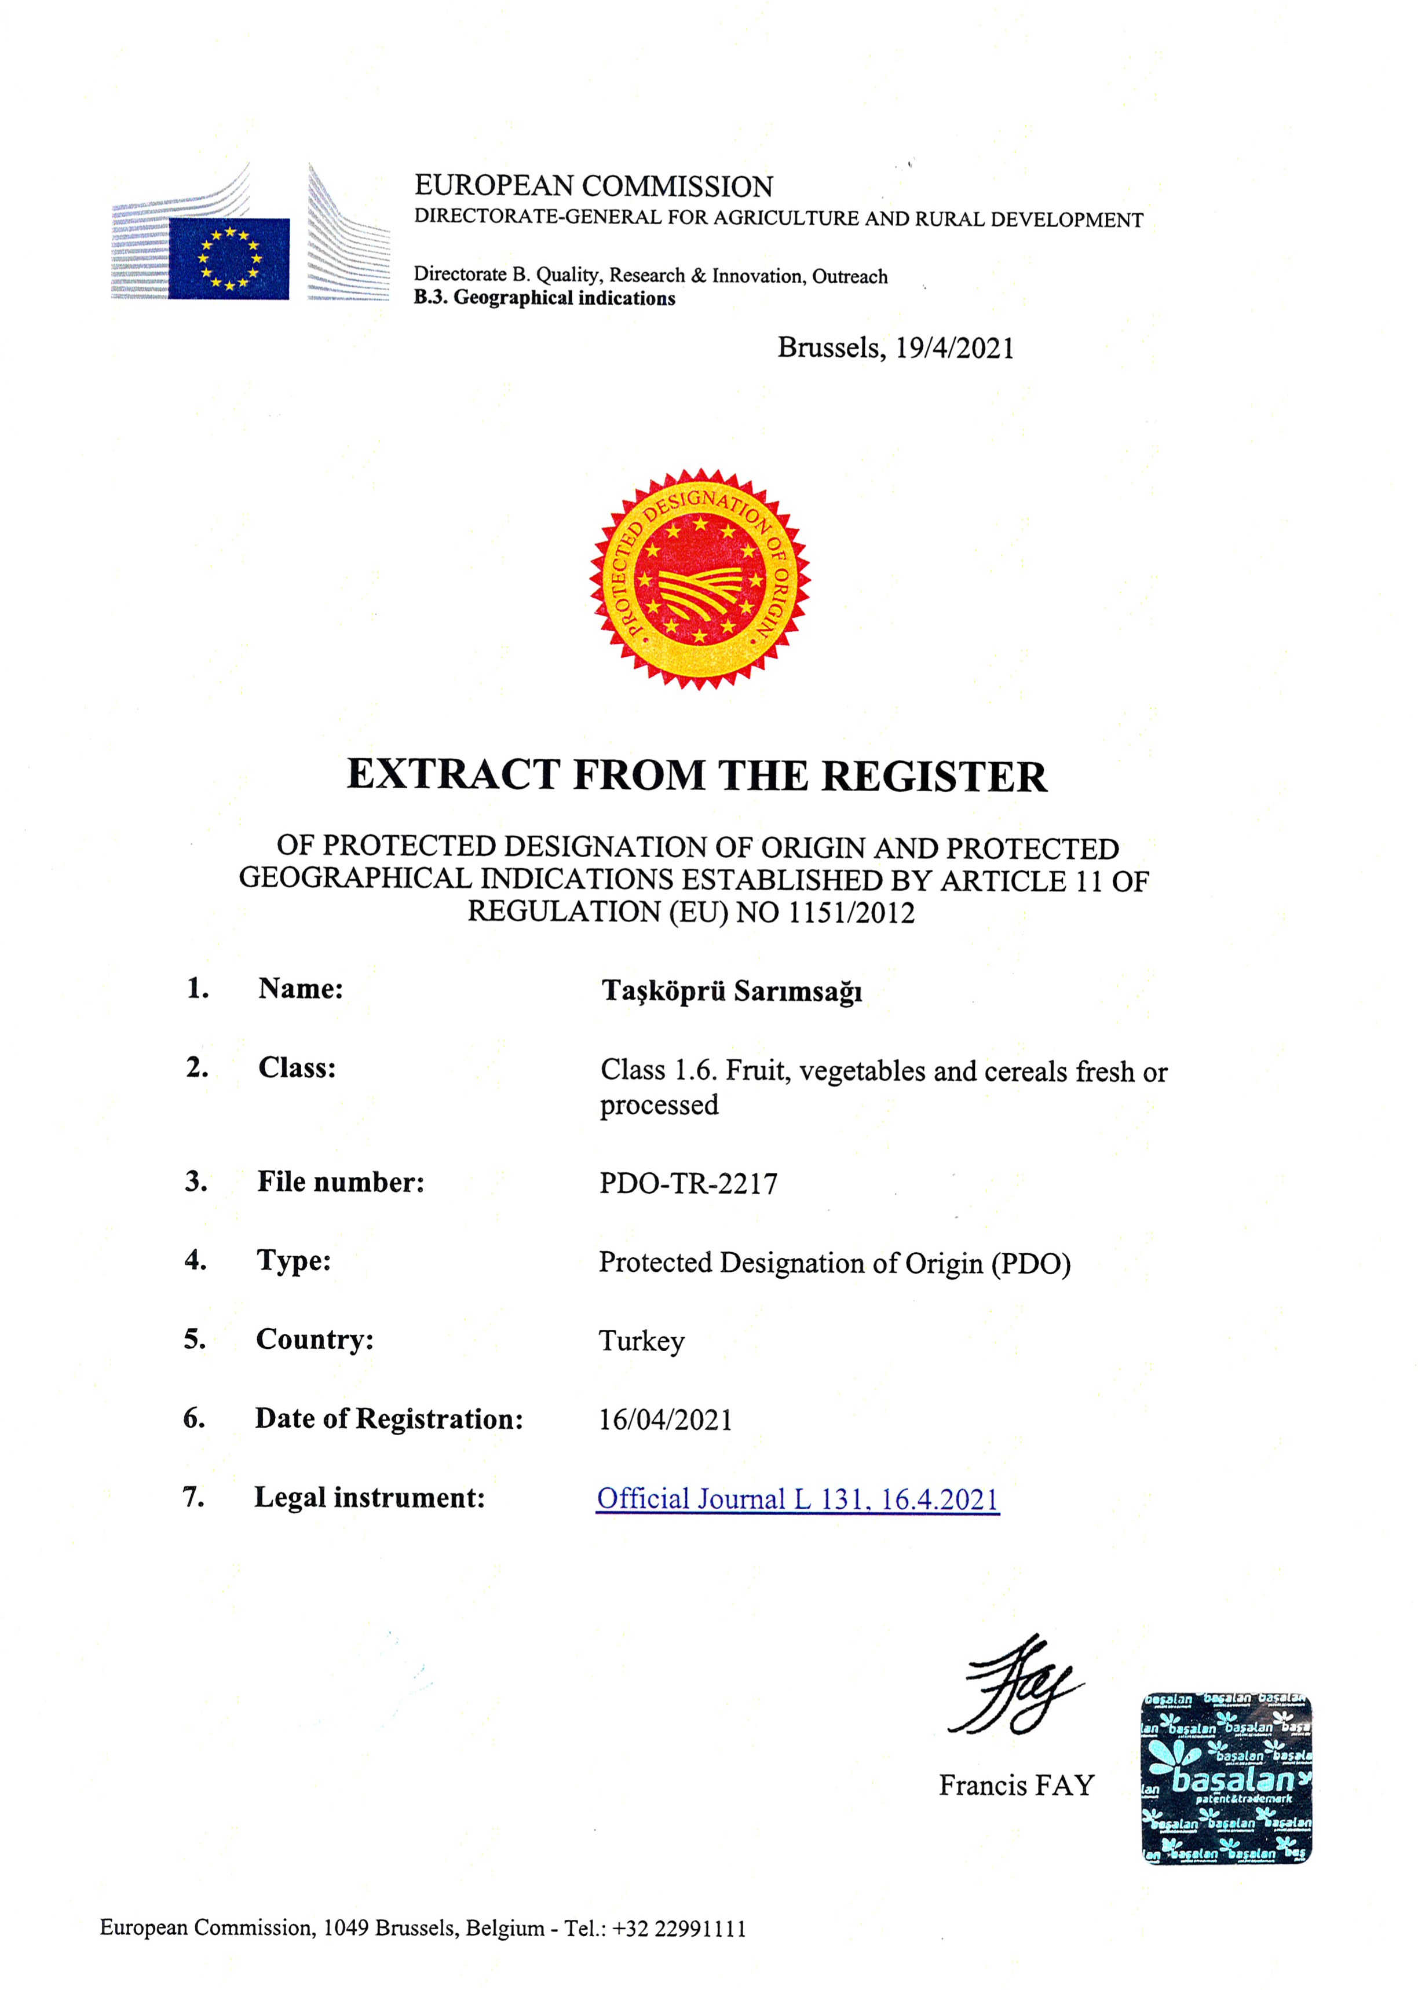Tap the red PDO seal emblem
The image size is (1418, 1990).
click(700, 579)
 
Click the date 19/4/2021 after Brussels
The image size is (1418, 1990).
click(955, 348)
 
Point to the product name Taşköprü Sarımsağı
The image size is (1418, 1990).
click(731, 992)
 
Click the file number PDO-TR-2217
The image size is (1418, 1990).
click(688, 1184)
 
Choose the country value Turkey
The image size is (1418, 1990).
click(642, 1341)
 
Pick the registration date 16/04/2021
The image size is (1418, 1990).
click(666, 1420)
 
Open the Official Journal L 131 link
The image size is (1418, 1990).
click(797, 1499)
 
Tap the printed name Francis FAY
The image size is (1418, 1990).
click(1017, 1786)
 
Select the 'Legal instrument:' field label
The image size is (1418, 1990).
click(370, 1498)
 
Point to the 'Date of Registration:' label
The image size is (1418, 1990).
click(389, 1419)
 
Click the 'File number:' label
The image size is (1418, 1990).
click(341, 1182)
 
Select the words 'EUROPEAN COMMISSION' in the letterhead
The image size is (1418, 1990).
click(594, 187)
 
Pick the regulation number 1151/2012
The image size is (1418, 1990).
click(851, 913)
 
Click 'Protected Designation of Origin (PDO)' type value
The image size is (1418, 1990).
click(834, 1263)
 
